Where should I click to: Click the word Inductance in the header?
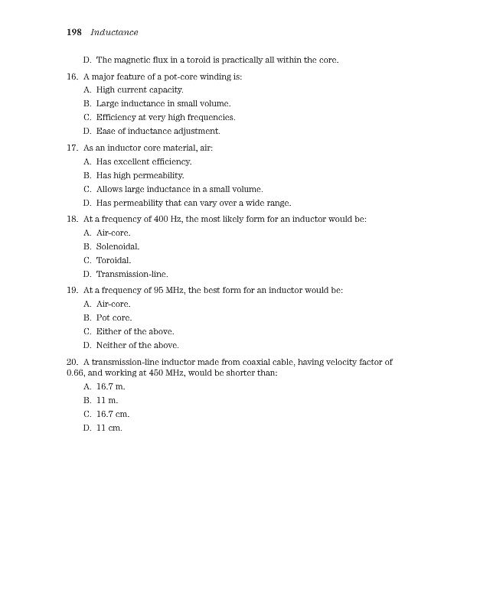(x=114, y=32)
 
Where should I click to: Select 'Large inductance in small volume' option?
(x=163, y=103)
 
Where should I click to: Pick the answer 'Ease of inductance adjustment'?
(x=158, y=132)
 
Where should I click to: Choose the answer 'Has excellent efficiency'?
(x=143, y=161)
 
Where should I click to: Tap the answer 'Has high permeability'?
(x=140, y=175)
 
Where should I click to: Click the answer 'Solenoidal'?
(x=117, y=246)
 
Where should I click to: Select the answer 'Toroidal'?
(x=113, y=260)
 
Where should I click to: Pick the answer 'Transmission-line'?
(x=132, y=274)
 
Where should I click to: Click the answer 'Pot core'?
(x=114, y=317)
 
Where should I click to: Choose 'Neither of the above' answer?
(x=137, y=345)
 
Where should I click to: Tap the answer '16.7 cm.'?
(x=113, y=414)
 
